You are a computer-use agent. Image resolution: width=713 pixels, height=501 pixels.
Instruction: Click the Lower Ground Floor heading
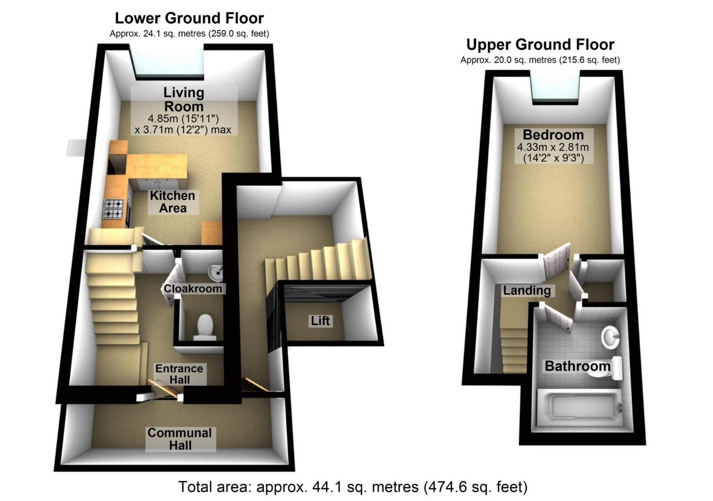click(189, 18)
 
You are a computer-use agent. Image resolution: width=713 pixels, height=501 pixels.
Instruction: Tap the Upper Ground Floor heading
click(540, 45)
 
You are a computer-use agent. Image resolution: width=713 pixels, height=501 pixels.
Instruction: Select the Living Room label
click(184, 99)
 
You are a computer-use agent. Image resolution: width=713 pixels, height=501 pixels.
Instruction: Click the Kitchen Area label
click(172, 202)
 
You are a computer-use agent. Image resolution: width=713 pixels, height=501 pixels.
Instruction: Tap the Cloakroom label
click(193, 289)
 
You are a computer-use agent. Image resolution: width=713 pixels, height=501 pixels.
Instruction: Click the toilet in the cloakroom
click(204, 326)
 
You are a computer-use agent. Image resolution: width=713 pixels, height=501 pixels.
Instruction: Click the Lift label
click(320, 321)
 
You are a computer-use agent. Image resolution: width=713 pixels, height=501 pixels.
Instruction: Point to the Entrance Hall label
click(179, 374)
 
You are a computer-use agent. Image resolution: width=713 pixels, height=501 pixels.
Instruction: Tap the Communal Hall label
click(180, 439)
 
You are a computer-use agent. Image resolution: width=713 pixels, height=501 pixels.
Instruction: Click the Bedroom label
click(553, 135)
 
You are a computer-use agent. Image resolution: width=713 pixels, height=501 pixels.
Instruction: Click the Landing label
click(527, 290)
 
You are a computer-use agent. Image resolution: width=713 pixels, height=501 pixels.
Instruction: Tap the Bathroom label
click(577, 366)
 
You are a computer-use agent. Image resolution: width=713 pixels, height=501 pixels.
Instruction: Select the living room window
click(169, 61)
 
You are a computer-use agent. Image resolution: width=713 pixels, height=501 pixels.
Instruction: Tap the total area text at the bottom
click(353, 487)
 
